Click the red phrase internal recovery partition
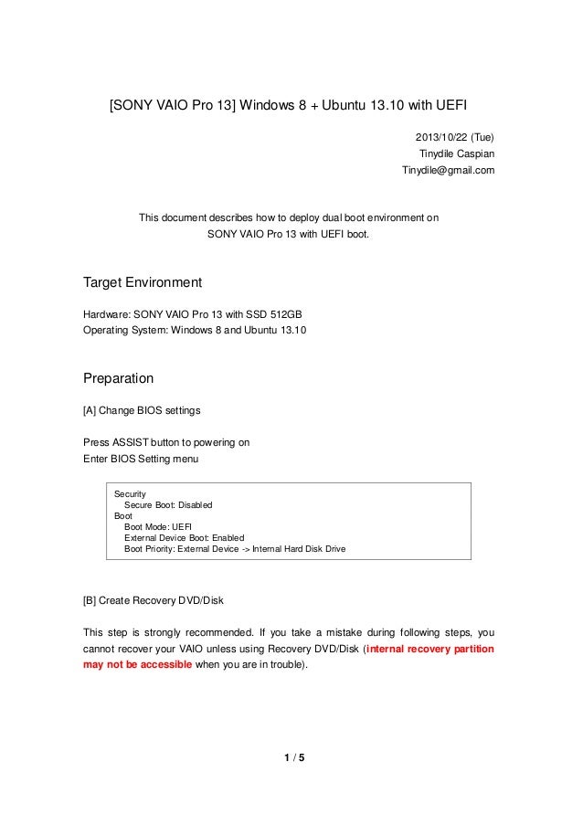(x=429, y=650)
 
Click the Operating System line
(x=196, y=330)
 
